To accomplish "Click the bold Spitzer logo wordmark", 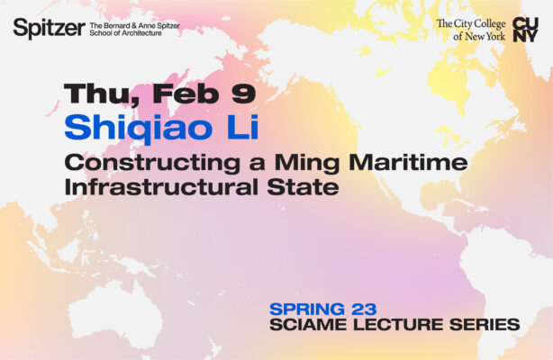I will [x=48, y=29].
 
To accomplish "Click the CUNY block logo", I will [x=525, y=30].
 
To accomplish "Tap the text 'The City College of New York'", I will [x=471, y=30].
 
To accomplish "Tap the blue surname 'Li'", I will [x=240, y=127].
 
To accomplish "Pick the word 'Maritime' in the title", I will [x=410, y=163].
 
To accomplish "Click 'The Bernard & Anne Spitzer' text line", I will [x=134, y=24].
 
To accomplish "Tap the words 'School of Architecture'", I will [x=126, y=33].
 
